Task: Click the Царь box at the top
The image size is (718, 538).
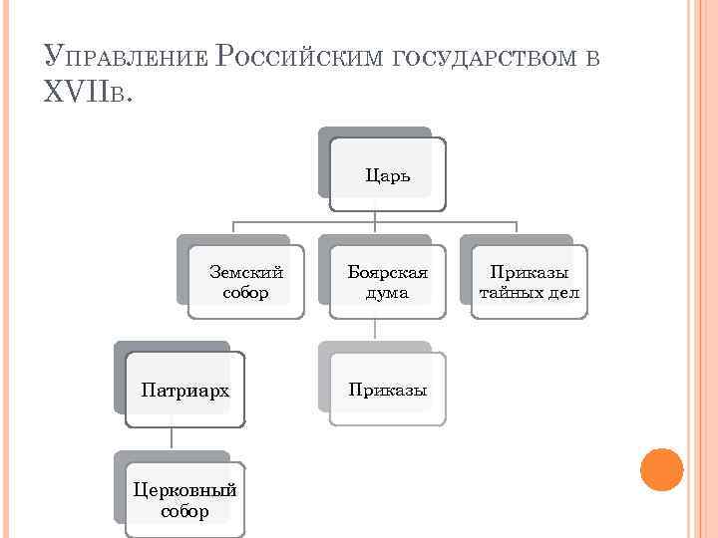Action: tap(386, 175)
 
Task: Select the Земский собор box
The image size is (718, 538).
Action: tap(245, 282)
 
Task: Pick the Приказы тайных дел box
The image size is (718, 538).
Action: tap(529, 282)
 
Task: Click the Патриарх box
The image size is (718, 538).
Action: tap(185, 390)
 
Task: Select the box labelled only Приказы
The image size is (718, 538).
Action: tap(387, 390)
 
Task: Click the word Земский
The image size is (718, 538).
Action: tap(246, 271)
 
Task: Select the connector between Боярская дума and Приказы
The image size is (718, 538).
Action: tap(374, 329)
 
